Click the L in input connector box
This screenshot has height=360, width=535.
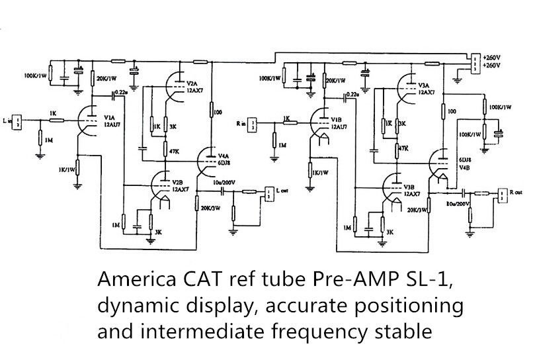click(19, 120)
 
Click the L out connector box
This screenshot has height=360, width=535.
click(269, 193)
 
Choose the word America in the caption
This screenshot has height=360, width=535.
click(128, 280)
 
